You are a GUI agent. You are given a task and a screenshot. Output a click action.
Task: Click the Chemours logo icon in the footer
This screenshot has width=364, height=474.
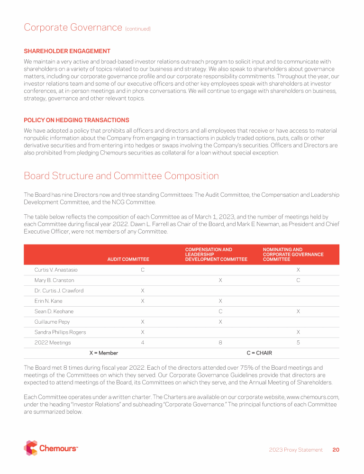tap(30, 448)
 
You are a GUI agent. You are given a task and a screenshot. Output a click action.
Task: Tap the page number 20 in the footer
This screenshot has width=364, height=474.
tap(336, 450)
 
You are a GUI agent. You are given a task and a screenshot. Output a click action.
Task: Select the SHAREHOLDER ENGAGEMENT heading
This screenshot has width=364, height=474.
tap(67, 51)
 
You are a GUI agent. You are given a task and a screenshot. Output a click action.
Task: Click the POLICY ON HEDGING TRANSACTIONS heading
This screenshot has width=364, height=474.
tap(76, 120)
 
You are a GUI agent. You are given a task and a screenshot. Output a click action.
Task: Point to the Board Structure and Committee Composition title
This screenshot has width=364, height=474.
tap(121, 176)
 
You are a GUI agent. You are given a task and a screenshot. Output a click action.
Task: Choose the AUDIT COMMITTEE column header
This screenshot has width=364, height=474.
tap(128, 259)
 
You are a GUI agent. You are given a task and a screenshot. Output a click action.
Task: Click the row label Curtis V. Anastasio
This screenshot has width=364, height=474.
tap(56, 270)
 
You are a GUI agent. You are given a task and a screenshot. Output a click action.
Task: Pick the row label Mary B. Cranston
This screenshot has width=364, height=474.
tap(53, 280)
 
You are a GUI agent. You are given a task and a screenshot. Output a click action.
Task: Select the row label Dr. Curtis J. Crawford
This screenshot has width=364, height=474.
tap(59, 291)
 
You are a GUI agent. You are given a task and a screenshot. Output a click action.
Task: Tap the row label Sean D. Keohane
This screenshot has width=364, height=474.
tap(54, 311)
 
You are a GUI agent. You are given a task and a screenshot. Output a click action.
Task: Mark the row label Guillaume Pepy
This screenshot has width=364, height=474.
tap(52, 322)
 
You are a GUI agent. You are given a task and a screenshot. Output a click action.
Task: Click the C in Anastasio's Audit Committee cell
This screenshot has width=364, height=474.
tap(143, 270)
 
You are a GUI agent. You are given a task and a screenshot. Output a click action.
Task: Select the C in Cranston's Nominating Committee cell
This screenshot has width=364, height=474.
tap(298, 280)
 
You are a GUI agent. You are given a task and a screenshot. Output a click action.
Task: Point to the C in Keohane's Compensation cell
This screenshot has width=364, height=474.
tap(220, 311)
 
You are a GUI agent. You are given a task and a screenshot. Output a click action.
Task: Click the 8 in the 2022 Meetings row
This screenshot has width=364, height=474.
tap(220, 343)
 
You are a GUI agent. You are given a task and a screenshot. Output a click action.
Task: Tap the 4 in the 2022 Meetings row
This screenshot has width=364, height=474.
tap(143, 343)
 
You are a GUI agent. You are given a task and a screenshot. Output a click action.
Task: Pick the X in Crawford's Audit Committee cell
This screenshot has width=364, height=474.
tap(143, 291)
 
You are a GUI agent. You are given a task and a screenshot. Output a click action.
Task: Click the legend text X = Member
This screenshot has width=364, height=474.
tap(104, 353)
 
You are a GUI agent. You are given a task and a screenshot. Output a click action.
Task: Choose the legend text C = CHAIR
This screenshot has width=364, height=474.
tap(259, 353)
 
